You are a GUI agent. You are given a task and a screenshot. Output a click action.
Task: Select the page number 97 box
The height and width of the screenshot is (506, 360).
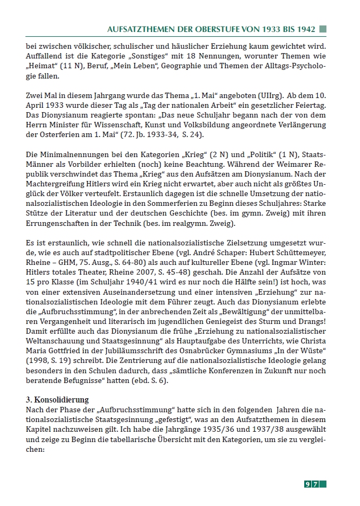[x=315, y=483]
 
